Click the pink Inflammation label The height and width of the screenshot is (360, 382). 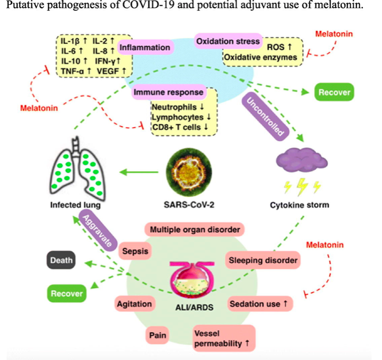[x=145, y=48]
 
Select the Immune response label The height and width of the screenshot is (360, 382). [x=168, y=93]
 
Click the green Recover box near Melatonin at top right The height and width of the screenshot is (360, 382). [x=334, y=93]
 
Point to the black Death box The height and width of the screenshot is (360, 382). [x=62, y=260]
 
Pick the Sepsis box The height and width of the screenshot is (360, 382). [x=135, y=252]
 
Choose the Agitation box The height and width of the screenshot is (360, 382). [x=134, y=304]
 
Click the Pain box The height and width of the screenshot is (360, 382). [x=157, y=335]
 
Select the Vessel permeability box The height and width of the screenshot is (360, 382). [x=224, y=338]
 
